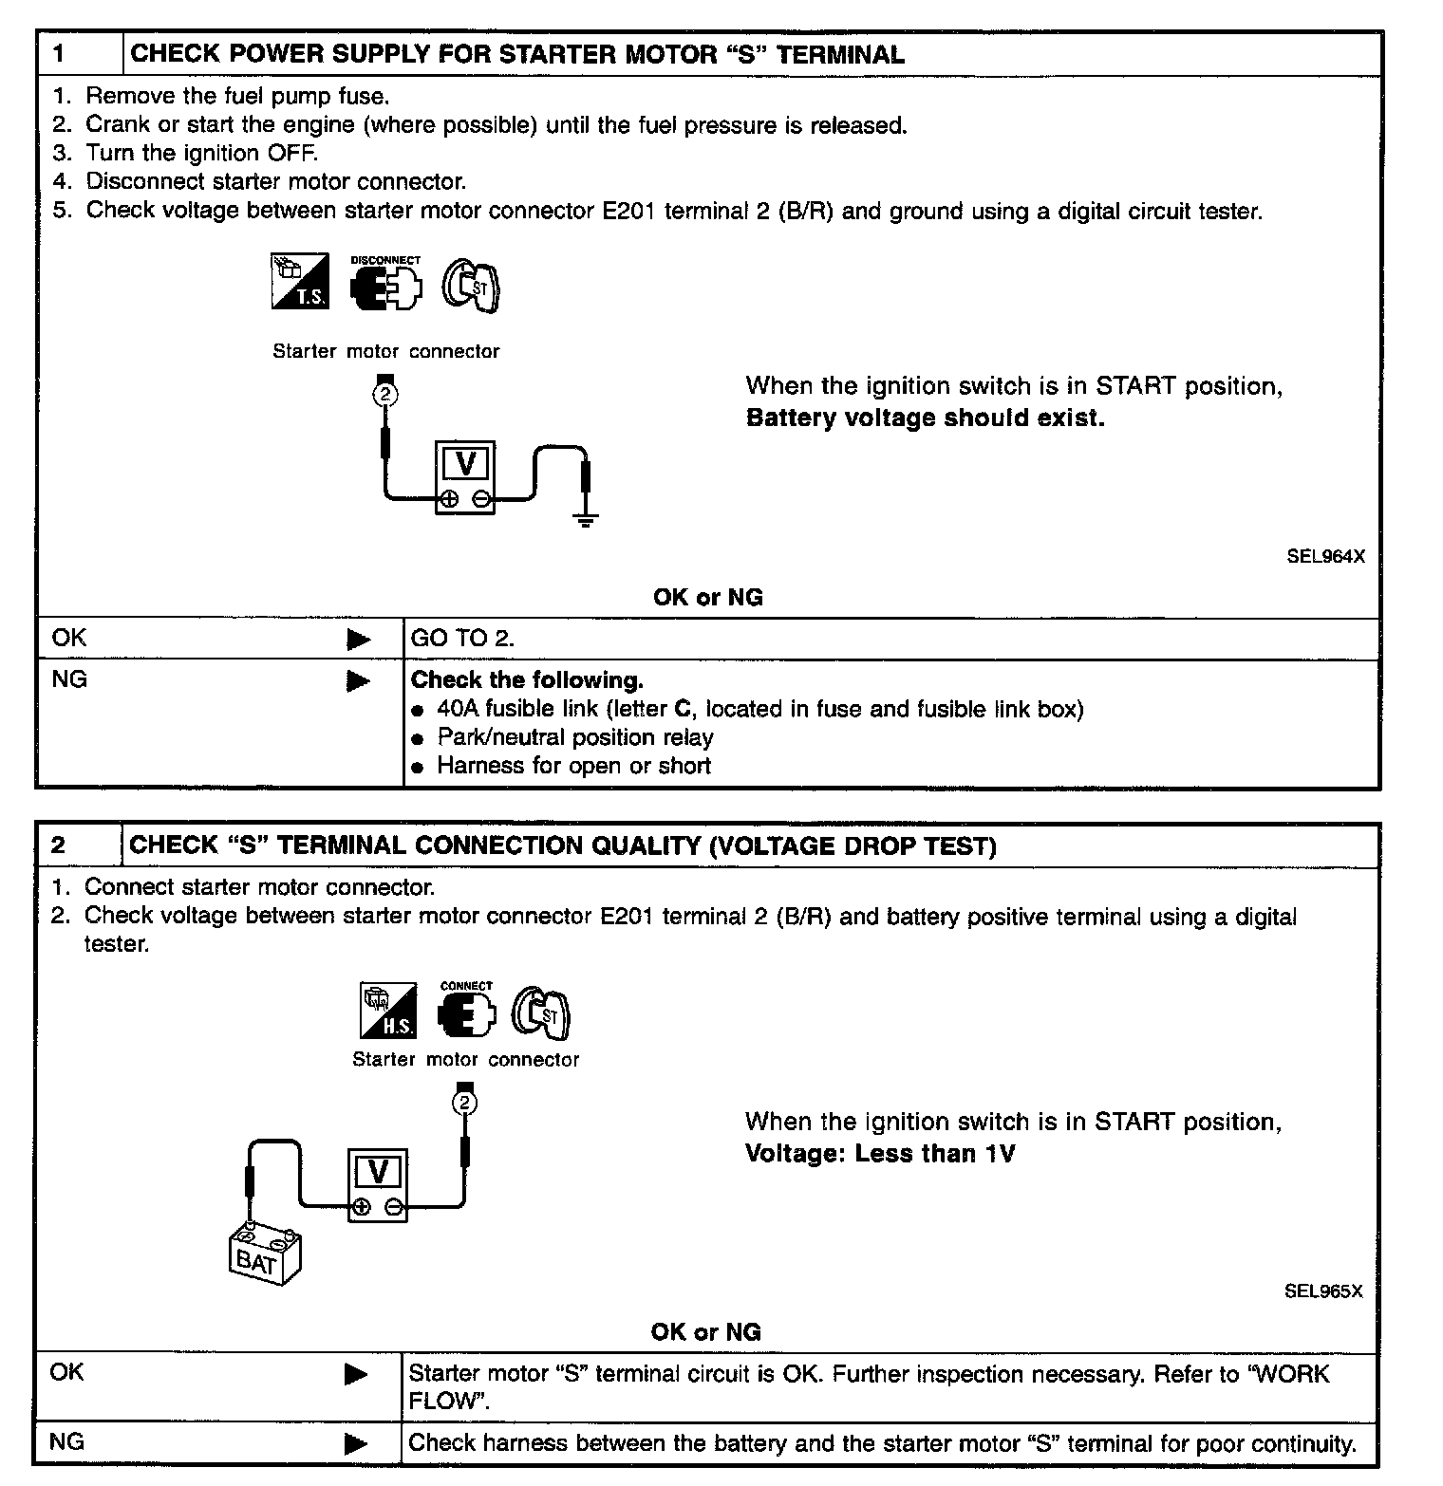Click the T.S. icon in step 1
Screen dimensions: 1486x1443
point(300,281)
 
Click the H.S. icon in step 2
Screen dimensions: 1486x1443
point(388,1012)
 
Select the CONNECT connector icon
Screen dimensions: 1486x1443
point(466,1014)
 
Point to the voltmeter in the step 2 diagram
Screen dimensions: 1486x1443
point(377,1186)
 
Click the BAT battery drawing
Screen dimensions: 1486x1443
point(266,1254)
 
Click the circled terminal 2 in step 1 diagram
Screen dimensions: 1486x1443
point(384,394)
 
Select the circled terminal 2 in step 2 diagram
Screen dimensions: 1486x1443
point(464,1103)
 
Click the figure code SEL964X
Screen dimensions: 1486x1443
point(1325,557)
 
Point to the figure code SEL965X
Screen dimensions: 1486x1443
point(1322,1291)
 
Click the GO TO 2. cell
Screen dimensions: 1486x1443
point(462,639)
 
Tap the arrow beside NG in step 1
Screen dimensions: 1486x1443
point(358,681)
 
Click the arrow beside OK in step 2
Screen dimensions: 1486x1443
point(356,1374)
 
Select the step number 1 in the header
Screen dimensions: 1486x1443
point(60,54)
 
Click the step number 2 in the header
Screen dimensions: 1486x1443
point(59,845)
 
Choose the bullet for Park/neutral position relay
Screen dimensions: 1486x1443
point(418,739)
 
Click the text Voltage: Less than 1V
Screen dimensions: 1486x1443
point(880,1154)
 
